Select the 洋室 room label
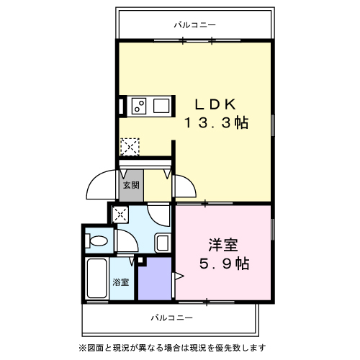(225, 245)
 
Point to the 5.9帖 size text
(225, 264)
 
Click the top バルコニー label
(194, 25)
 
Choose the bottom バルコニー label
(171, 317)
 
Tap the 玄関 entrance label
(130, 184)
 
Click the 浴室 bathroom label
(120, 282)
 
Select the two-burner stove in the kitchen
(140, 107)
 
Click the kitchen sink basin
(161, 107)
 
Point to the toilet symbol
(99, 240)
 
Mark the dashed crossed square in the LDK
(130, 146)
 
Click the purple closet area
(153, 279)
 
